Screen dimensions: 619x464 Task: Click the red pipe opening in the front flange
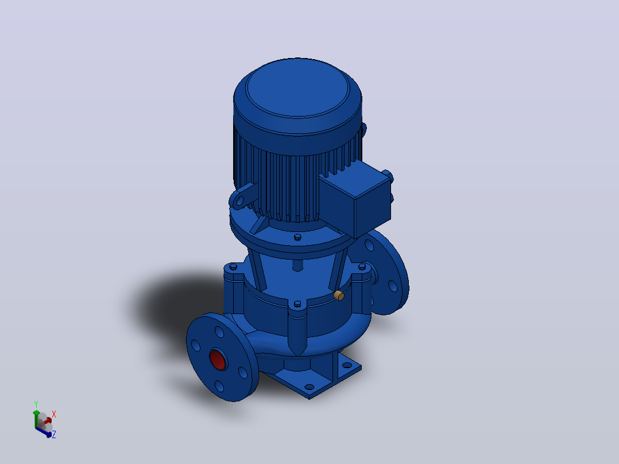[218, 359]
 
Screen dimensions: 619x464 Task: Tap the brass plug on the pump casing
[339, 295]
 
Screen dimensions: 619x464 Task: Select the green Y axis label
[36, 404]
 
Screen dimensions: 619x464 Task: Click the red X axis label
[54, 414]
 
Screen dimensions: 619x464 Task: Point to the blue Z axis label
[54, 434]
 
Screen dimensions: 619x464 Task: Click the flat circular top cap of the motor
[297, 88]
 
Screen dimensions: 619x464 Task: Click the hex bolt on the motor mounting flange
[297, 237]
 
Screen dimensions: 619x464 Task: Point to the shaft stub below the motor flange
[297, 265]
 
